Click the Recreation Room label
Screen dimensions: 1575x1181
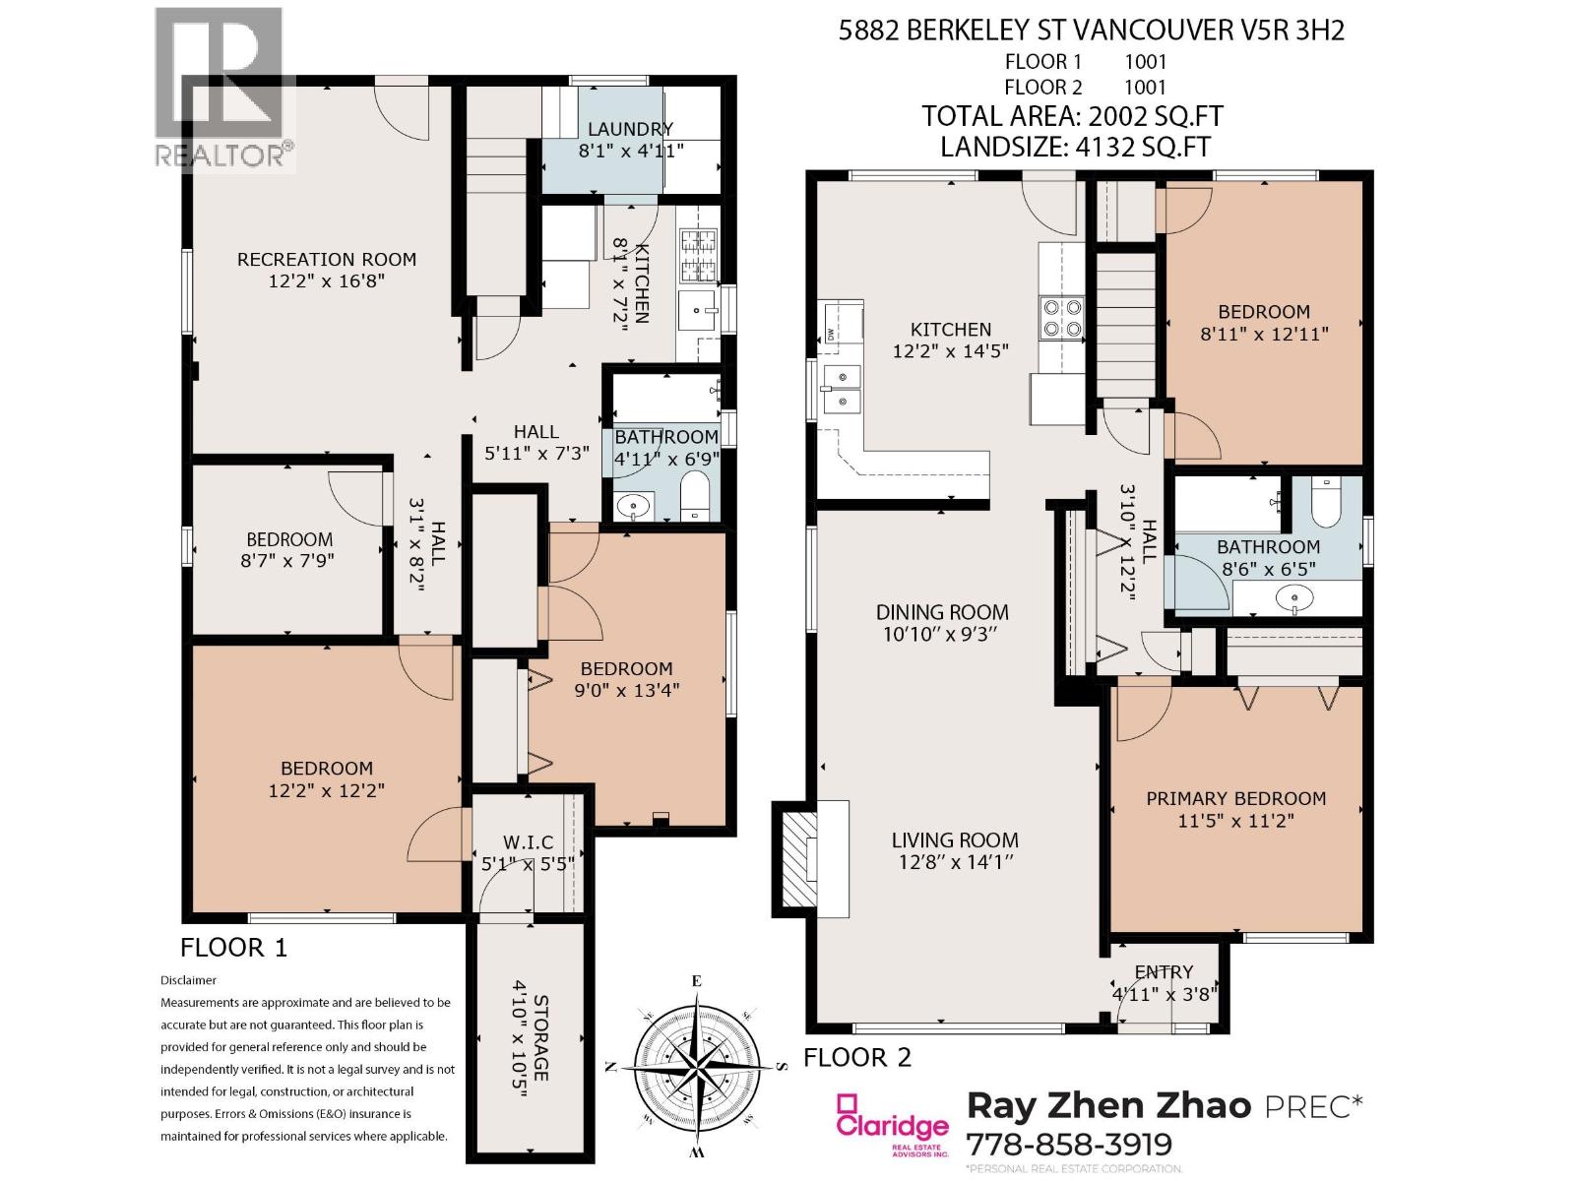point(327,260)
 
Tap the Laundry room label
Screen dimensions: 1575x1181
point(630,129)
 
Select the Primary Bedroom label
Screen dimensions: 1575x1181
point(1235,799)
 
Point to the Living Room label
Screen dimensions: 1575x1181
point(955,840)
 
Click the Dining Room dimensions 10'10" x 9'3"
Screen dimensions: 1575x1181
point(942,635)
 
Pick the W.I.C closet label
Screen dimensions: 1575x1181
point(528,842)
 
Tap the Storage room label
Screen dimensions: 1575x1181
point(541,1037)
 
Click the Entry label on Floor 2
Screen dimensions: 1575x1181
point(1164,972)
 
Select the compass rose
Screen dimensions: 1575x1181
point(696,1067)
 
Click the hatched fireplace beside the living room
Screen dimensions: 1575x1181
point(798,859)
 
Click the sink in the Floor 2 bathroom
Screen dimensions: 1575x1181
point(1295,597)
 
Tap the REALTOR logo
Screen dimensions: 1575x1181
point(224,89)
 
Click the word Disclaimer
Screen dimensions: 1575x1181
point(188,980)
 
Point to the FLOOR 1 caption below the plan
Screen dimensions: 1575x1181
point(234,948)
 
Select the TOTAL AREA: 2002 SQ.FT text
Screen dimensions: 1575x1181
point(1072,116)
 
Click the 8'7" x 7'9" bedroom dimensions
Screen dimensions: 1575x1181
point(287,561)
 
